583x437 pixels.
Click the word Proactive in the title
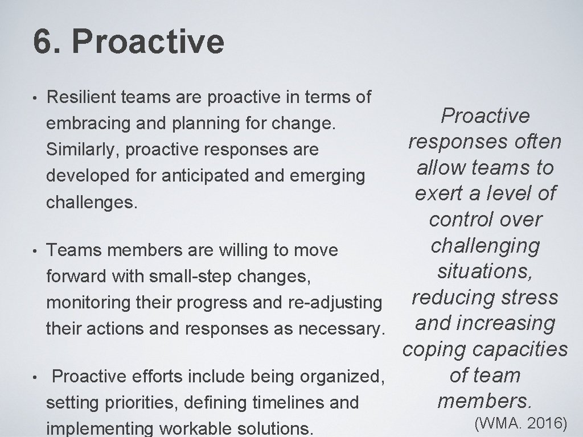149,42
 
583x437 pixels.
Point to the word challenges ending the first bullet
91,203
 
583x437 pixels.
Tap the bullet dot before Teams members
35,250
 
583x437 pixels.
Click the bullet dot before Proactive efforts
35,377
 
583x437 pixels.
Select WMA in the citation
495,422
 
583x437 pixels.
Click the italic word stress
529,297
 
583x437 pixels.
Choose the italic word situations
485,271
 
